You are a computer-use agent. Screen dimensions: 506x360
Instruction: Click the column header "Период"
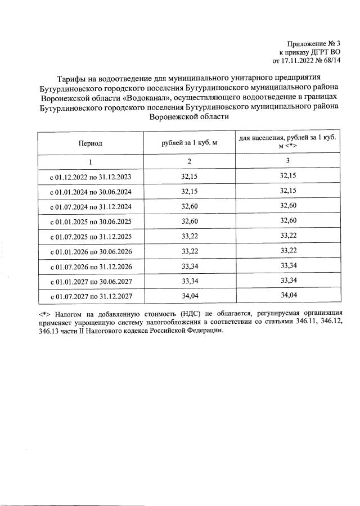tap(91, 144)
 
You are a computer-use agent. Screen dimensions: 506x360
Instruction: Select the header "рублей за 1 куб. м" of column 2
tap(189, 144)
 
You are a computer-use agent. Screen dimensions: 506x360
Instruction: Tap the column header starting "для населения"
tap(287, 141)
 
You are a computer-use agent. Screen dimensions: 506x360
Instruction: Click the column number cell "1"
tap(91, 162)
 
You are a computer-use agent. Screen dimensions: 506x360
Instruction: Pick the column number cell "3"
tap(287, 162)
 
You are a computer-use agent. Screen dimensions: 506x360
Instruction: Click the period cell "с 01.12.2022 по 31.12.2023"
tap(91, 177)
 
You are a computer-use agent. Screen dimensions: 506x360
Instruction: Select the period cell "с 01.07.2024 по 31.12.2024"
tap(91, 206)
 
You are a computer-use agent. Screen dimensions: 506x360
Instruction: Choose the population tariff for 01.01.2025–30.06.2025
tap(287, 221)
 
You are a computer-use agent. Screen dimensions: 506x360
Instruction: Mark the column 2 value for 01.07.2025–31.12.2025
tap(189, 236)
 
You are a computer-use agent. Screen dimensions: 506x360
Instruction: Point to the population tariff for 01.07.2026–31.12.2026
tap(287, 265)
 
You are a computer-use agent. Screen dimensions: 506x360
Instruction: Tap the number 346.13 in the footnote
tap(49, 331)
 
